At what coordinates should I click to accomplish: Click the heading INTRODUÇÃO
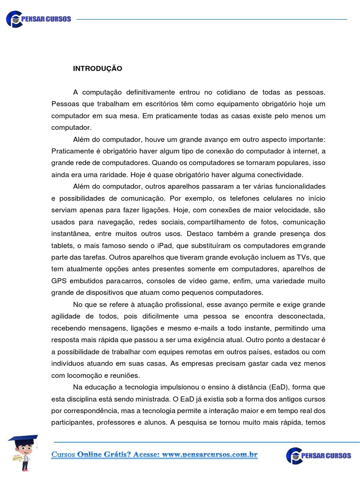coord(97,68)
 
